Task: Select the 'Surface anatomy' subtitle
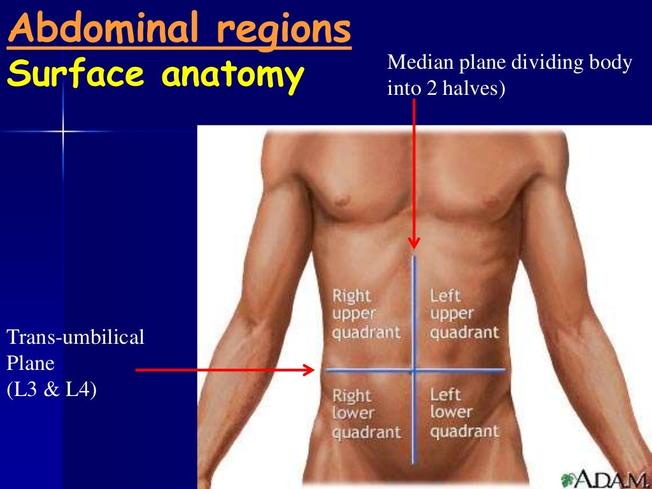tap(154, 76)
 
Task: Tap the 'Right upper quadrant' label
tap(366, 314)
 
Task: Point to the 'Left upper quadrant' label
tap(464, 314)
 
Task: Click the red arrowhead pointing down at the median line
tap(415, 243)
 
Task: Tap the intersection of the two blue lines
tap(414, 369)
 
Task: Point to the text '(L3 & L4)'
tap(52, 389)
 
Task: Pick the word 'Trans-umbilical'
tap(76, 337)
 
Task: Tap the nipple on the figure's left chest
tap(490, 201)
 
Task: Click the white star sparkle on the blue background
tap(63, 132)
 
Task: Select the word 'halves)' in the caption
tap(478, 89)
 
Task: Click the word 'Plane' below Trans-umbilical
tap(31, 363)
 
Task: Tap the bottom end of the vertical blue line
tap(414, 462)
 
